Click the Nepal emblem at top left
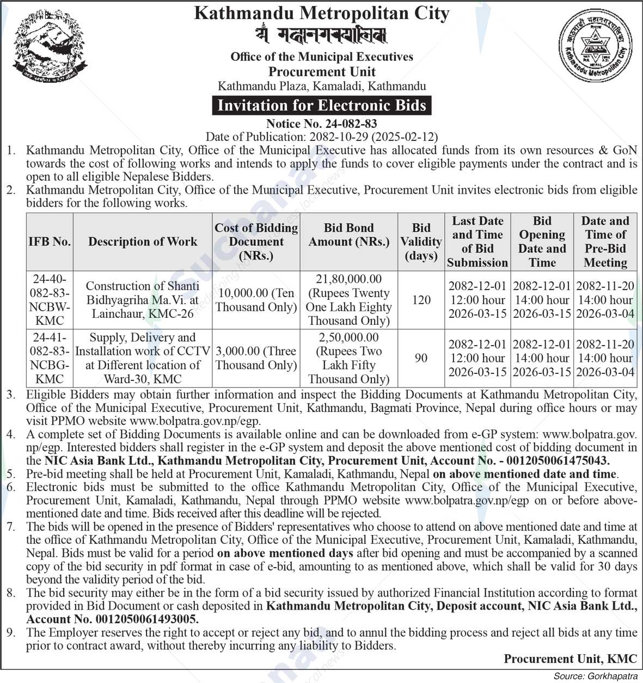(50, 48)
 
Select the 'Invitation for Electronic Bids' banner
(322, 105)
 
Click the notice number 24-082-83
(321, 124)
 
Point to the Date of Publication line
(321, 137)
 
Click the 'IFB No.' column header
(50, 242)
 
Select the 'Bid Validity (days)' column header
(421, 242)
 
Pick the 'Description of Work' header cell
(143, 242)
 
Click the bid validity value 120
(421, 300)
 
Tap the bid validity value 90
(421, 358)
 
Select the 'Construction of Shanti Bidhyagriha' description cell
(143, 300)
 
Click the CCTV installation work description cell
(143, 358)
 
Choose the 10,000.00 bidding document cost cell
(256, 300)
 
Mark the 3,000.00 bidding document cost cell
(256, 358)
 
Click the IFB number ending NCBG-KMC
(50, 358)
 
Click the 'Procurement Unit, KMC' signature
(570, 659)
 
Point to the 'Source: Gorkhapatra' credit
(595, 676)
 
